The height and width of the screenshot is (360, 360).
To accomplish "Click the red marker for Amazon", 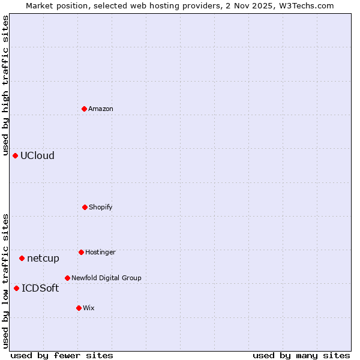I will (x=85, y=109).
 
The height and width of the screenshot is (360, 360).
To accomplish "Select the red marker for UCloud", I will (x=16, y=155).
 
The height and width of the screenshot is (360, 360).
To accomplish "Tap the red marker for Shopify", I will (x=85, y=207).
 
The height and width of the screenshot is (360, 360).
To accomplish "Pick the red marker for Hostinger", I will (x=81, y=252).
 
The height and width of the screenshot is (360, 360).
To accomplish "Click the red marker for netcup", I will (x=22, y=258).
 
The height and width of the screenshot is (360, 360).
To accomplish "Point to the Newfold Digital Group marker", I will (x=67, y=278).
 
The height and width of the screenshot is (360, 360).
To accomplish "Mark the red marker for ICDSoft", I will (x=17, y=288).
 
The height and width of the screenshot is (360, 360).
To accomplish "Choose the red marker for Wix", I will (x=79, y=308).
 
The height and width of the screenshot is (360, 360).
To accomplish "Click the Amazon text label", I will (x=101, y=109).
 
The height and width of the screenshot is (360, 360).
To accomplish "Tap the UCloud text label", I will (x=37, y=155).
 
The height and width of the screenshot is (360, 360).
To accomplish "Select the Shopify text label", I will (x=101, y=207).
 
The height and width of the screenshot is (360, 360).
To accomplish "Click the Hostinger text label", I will (x=100, y=252).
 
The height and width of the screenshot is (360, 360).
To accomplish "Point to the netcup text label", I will (x=43, y=258).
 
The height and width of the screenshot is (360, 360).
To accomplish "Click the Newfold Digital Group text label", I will (x=106, y=278).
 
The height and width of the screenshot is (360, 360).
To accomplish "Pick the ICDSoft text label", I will (x=40, y=288).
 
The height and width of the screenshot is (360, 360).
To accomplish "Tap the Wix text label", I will (x=89, y=308).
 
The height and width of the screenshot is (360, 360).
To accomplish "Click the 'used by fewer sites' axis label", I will (x=62, y=355).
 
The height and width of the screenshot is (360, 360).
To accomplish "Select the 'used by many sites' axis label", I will (x=301, y=355).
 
